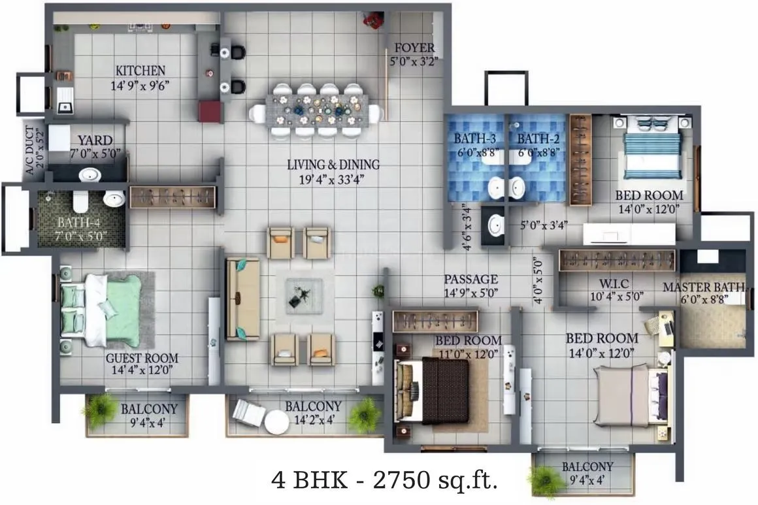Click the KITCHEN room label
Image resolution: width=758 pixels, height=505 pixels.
click(x=140, y=71)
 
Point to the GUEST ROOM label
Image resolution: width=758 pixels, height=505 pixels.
click(x=142, y=359)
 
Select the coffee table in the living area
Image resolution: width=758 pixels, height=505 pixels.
click(x=304, y=296)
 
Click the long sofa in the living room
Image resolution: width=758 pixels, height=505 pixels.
click(x=242, y=298)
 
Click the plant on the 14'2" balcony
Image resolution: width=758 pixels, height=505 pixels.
click(x=363, y=415)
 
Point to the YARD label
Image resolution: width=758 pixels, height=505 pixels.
click(x=95, y=140)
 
